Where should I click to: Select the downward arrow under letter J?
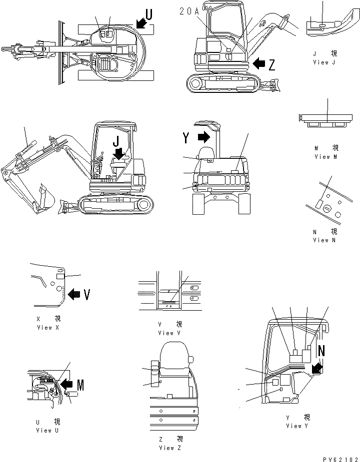pos(118,154)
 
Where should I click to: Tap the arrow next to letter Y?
pos(203,136)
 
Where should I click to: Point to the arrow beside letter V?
pos(73,295)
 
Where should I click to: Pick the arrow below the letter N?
pos(316,369)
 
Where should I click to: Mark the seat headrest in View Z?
pos(173,355)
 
